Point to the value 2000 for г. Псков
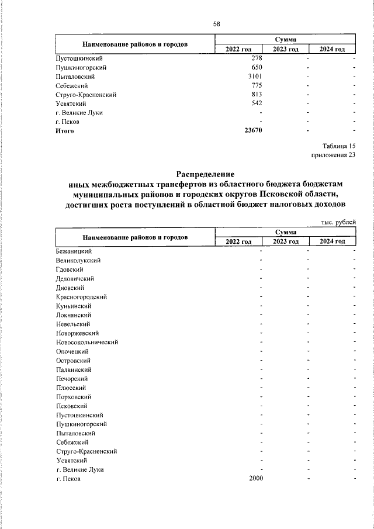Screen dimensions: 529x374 tap(255, 479)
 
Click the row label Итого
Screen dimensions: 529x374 tap(65, 130)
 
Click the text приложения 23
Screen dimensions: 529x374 tap(334, 155)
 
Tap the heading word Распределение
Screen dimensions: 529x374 tap(205, 174)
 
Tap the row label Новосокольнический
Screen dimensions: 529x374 tap(88, 342)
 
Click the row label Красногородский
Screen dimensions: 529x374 tap(81, 297)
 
